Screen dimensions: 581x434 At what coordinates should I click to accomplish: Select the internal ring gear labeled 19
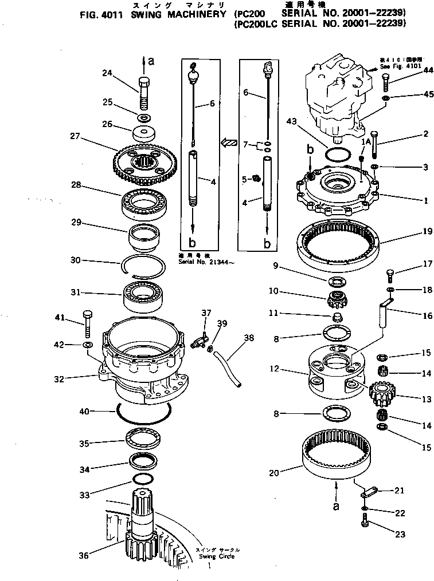click(338, 243)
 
